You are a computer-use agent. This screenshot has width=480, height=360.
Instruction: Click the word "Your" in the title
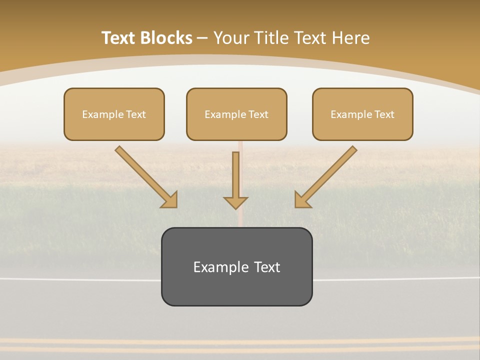(231, 38)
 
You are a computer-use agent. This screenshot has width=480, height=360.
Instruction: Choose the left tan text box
(114, 114)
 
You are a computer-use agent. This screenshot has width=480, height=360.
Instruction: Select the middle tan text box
(236, 114)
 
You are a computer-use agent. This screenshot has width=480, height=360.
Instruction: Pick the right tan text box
(362, 114)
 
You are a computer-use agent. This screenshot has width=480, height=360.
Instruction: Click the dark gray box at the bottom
(236, 266)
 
